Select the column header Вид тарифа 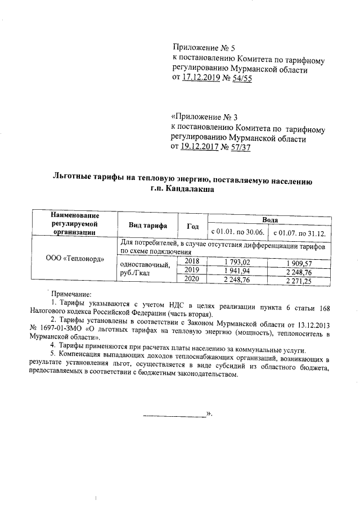tap(148, 226)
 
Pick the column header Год tap(193, 226)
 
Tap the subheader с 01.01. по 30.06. tap(238, 232)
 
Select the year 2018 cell tap(192, 262)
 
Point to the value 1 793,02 tap(238, 262)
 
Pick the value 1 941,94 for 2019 tap(238, 271)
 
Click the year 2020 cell tap(192, 278)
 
